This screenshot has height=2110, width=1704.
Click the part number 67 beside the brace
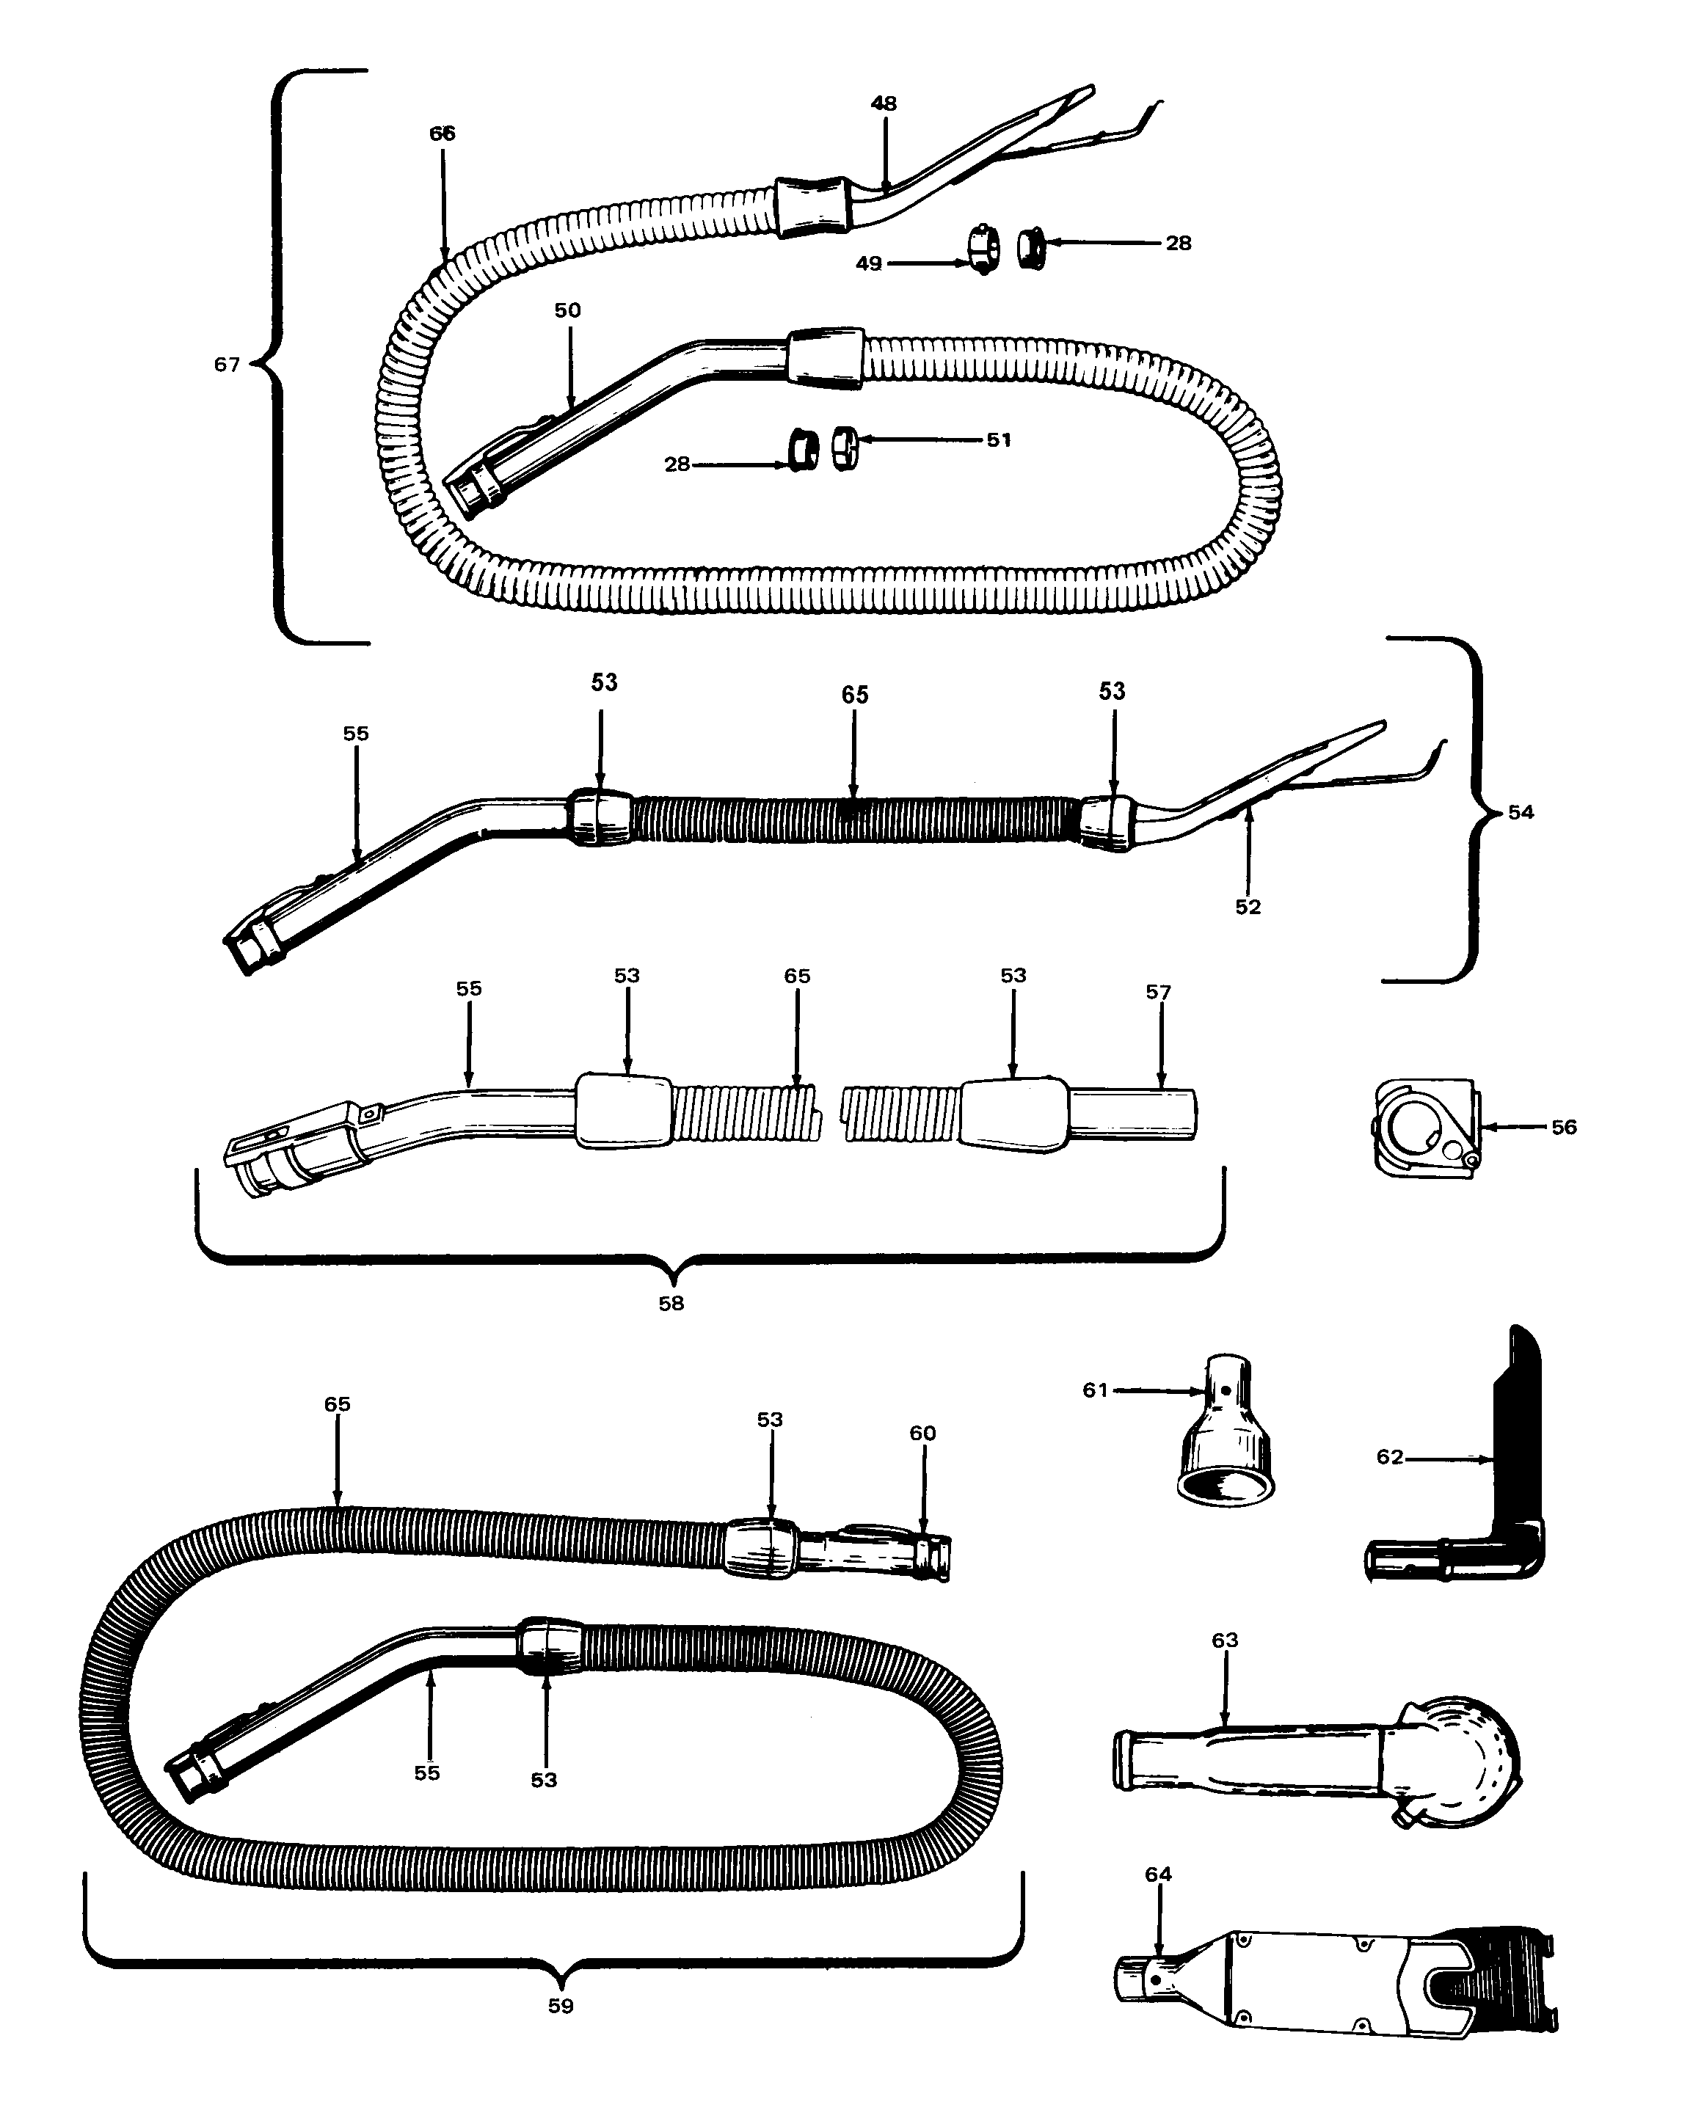227,365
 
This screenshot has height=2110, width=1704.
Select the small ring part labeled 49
983,251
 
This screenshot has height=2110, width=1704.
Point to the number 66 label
443,134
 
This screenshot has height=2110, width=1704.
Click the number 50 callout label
567,311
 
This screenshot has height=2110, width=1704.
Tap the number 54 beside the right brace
1521,813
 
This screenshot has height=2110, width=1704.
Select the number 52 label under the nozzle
1248,908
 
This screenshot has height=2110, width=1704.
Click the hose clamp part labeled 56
1423,1128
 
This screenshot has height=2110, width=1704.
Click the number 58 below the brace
671,1303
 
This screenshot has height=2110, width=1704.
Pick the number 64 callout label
1158,1874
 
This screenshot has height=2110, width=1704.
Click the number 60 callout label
922,1434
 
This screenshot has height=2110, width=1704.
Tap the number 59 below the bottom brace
561,2006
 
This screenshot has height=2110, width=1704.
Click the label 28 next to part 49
1178,244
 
